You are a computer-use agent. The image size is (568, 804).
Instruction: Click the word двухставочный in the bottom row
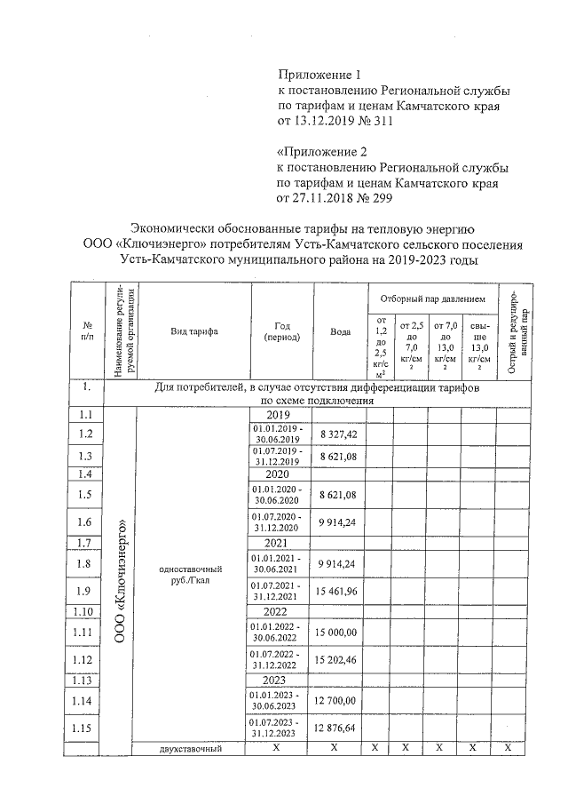(x=188, y=749)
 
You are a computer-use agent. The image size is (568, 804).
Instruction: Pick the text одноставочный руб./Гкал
(x=190, y=574)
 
